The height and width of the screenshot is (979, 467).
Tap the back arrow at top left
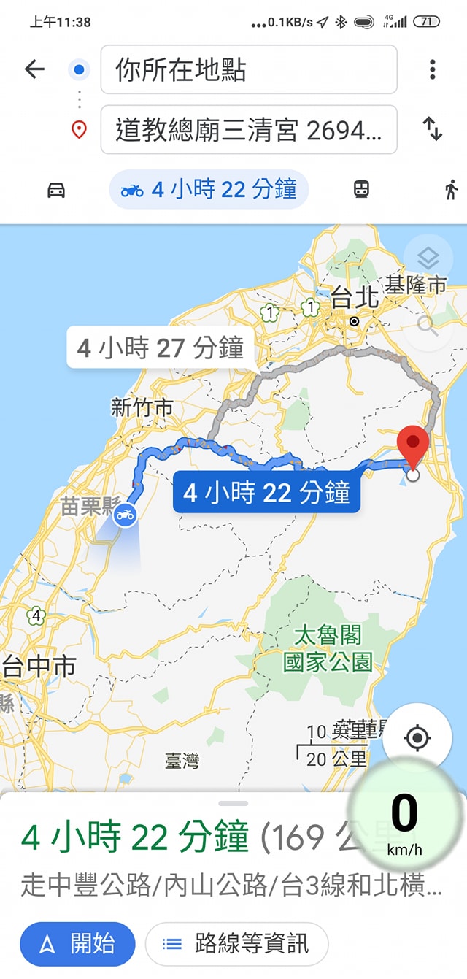[34, 69]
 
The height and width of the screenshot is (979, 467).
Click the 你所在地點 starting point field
[249, 70]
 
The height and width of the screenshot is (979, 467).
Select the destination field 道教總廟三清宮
[249, 130]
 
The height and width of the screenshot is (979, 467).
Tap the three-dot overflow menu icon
[433, 69]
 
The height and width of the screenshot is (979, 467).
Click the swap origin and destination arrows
[433, 129]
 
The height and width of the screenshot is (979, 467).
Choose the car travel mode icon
[56, 190]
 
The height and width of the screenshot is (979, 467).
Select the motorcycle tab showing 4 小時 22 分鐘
[209, 190]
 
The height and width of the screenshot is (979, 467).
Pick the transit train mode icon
[361, 190]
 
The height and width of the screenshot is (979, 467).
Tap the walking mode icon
[451, 190]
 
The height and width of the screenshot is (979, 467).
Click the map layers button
[428, 258]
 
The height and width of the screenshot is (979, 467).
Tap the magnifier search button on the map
[428, 326]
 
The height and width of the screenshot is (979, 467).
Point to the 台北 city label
[355, 297]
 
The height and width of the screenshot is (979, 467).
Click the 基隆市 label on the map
[415, 285]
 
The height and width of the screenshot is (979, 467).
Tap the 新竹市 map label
[142, 407]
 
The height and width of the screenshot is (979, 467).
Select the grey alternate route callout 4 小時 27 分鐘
[161, 348]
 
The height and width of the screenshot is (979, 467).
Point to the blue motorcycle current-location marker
[124, 515]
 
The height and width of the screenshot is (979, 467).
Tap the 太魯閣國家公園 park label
[328, 648]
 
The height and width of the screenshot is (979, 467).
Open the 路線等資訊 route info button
[236, 944]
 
